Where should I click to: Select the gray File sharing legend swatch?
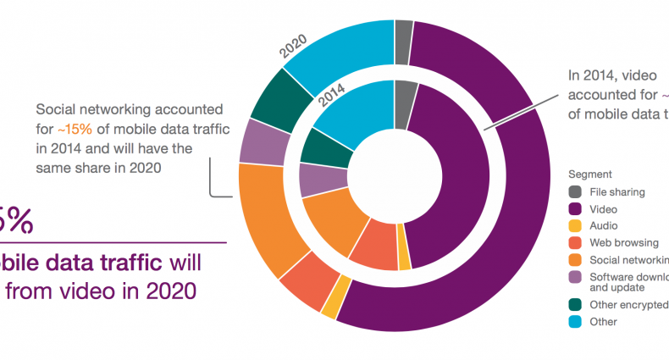(x=575, y=191)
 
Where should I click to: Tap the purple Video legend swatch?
(x=575, y=208)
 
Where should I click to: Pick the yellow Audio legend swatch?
(x=575, y=225)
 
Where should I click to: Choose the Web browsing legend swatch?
(x=575, y=242)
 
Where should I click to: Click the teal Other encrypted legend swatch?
(x=575, y=305)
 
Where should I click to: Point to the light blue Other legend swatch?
(x=575, y=322)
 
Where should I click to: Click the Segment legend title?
(x=589, y=174)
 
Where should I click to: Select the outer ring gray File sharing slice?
(x=404, y=30)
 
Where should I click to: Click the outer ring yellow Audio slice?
(x=330, y=307)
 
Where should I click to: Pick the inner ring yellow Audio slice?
(x=404, y=263)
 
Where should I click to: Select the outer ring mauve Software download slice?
(x=254, y=141)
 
